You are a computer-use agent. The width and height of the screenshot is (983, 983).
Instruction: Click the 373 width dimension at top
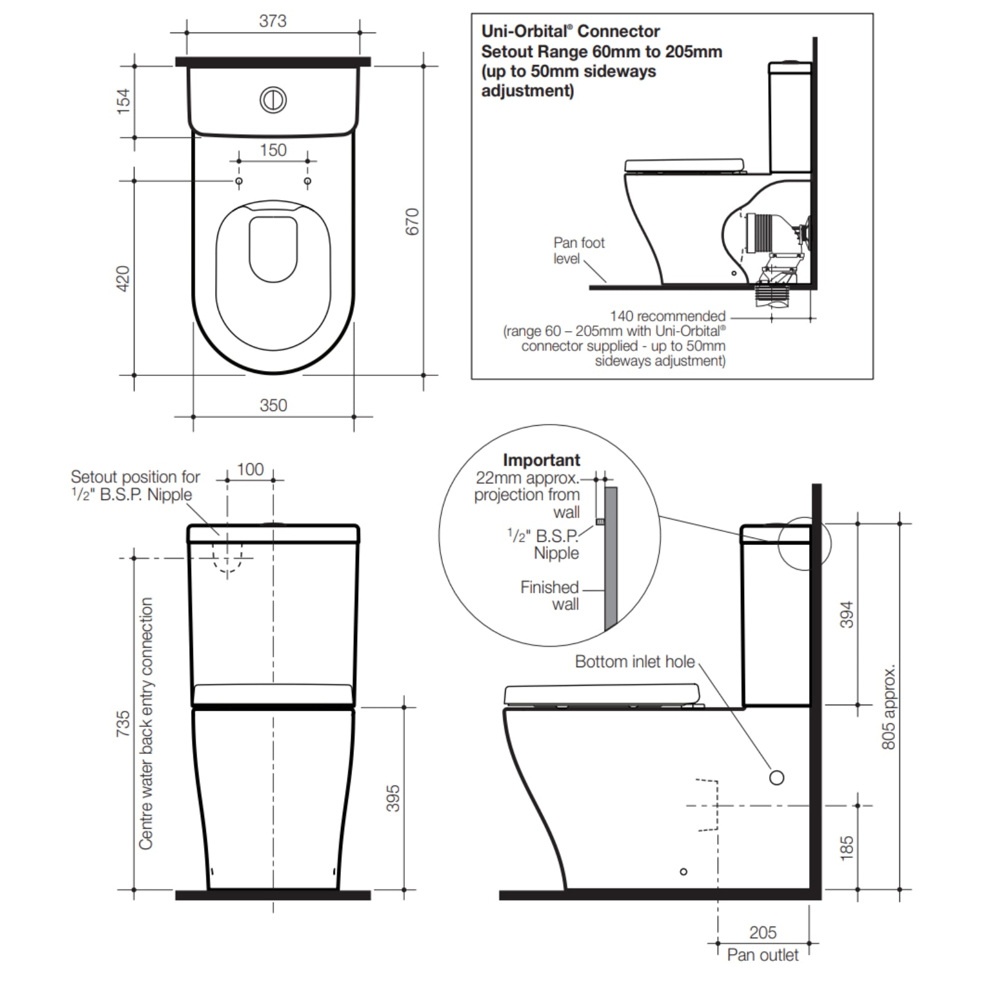272,21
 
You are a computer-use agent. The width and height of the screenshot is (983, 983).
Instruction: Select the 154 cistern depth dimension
123,101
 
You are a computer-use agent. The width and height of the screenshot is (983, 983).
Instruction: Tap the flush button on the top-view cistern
273,100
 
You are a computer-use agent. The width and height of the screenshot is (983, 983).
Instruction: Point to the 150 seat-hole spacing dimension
273,150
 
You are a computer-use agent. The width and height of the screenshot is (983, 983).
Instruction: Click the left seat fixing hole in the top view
239,181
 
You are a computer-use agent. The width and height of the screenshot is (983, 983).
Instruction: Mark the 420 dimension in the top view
123,278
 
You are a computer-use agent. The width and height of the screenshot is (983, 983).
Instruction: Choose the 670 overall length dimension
412,221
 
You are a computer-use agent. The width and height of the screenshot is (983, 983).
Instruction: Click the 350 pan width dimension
273,405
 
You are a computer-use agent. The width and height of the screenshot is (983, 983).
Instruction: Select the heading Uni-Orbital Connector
570,31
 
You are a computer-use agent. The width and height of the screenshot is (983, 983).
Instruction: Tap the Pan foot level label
578,251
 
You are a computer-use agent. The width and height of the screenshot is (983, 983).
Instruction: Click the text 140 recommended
667,316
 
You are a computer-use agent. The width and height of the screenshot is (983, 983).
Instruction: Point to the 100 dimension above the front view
250,469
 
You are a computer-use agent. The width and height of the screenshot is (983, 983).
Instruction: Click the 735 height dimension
123,723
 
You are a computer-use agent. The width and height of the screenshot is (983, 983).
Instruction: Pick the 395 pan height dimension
393,797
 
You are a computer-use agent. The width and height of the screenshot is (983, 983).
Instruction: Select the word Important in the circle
541,460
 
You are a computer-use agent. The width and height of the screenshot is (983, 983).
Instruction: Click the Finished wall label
550,595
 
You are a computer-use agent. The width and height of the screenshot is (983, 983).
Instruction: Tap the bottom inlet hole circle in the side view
777,778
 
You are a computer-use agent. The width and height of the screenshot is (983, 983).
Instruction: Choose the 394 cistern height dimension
847,614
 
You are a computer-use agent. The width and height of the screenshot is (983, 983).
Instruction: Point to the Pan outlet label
762,955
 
